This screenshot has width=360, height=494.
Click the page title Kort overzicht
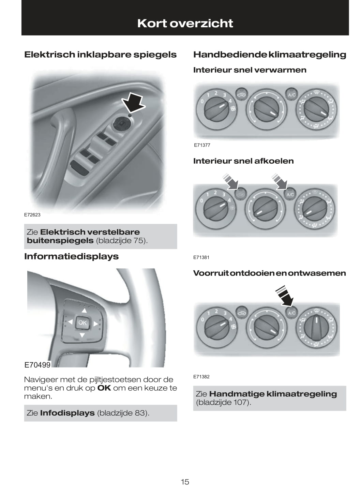click(185, 23)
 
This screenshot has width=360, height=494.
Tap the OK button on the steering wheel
click(82, 323)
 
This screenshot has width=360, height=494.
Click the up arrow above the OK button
click(84, 311)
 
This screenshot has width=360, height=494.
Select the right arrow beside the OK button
click(96, 323)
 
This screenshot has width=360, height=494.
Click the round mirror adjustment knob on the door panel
click(121, 123)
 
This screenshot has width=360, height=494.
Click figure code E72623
click(32, 215)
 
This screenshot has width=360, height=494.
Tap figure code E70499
click(37, 365)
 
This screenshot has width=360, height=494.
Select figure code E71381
click(201, 257)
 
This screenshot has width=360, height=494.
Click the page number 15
click(185, 482)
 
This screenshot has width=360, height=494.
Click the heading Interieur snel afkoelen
click(243, 161)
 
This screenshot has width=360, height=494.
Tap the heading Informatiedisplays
click(71, 256)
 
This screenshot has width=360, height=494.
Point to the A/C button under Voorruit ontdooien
click(291, 313)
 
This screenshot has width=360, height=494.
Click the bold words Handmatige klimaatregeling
click(273, 394)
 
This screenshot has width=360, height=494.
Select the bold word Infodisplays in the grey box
click(67, 413)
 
